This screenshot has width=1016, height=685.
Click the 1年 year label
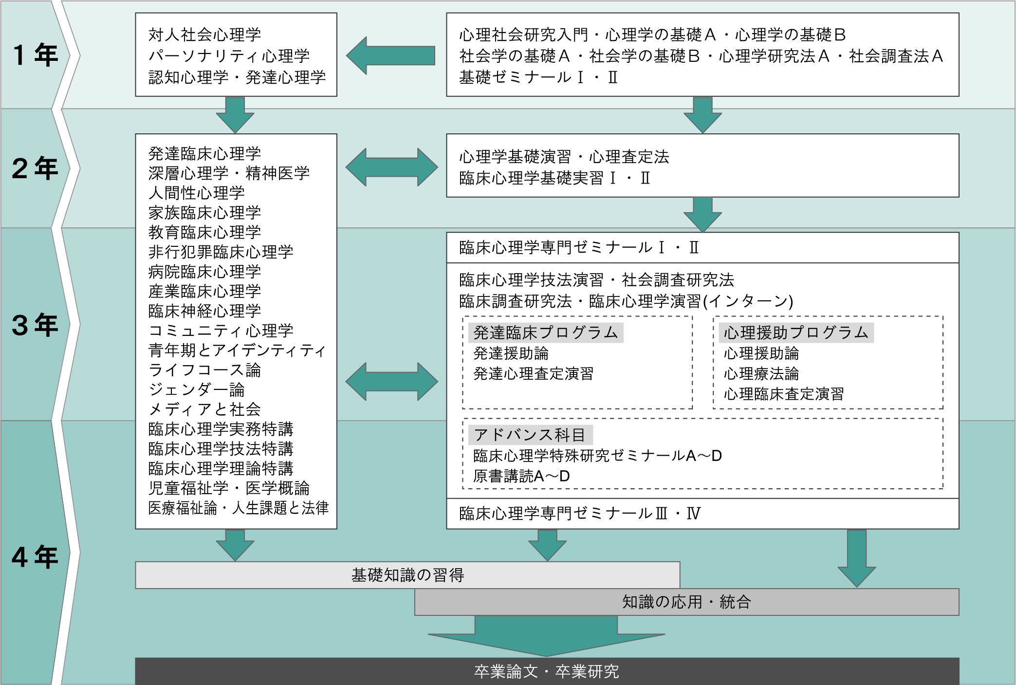click(x=35, y=55)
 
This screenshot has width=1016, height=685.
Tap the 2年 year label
click(x=35, y=168)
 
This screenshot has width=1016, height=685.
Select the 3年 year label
click(x=35, y=325)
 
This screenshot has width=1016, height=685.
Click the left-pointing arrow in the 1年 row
click(x=390, y=56)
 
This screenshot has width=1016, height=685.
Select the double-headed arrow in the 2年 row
click(x=391, y=167)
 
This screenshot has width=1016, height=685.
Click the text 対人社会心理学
click(x=204, y=35)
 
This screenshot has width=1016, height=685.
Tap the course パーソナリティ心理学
click(x=229, y=56)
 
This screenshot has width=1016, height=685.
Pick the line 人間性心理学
click(x=196, y=193)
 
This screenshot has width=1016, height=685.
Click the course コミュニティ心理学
click(x=221, y=331)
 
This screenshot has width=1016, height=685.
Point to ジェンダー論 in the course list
click(x=196, y=390)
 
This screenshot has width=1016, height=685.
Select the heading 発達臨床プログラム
click(x=545, y=333)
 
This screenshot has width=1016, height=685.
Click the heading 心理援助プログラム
click(x=795, y=333)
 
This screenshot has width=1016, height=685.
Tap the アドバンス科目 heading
click(x=530, y=435)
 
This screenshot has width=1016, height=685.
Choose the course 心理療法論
click(x=761, y=374)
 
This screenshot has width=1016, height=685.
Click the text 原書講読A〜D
click(x=521, y=476)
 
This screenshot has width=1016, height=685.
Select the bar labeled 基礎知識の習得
click(x=407, y=575)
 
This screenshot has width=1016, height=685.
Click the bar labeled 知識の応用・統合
click(x=686, y=602)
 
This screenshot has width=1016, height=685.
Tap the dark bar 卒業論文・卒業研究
click(x=547, y=672)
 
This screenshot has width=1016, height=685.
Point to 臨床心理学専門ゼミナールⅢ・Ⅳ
click(x=579, y=514)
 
